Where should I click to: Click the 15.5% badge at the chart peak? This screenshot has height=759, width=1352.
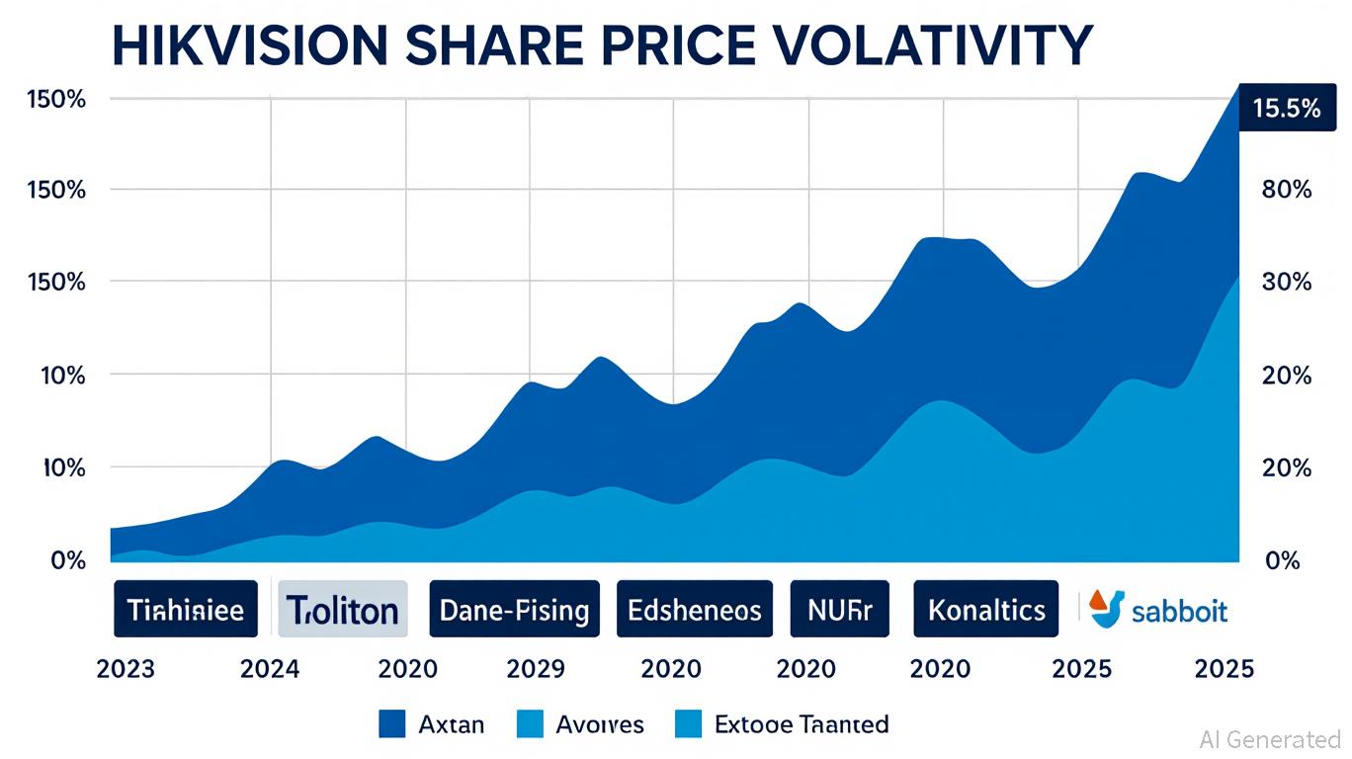(1286, 109)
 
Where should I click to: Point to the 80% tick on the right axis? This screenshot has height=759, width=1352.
(1287, 190)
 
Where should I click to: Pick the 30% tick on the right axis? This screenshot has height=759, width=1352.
(1287, 282)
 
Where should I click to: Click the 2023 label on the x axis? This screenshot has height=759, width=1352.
(126, 669)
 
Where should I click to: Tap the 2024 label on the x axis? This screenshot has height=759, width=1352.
(270, 669)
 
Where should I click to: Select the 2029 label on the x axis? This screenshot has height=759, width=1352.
(535, 669)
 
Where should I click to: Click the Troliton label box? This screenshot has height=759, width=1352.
(343, 609)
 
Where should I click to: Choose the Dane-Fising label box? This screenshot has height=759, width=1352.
(514, 609)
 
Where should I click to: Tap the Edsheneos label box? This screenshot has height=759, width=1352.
(695, 609)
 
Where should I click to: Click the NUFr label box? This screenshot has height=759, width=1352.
(840, 609)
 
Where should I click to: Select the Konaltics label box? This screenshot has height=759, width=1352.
(986, 609)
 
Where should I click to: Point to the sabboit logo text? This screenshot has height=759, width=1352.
(1179, 611)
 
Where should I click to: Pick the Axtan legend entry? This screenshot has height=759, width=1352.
(432, 724)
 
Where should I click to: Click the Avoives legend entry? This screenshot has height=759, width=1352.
(580, 724)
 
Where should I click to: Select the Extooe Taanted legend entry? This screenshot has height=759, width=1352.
(781, 724)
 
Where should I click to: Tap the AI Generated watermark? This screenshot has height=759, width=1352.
(1270, 739)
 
